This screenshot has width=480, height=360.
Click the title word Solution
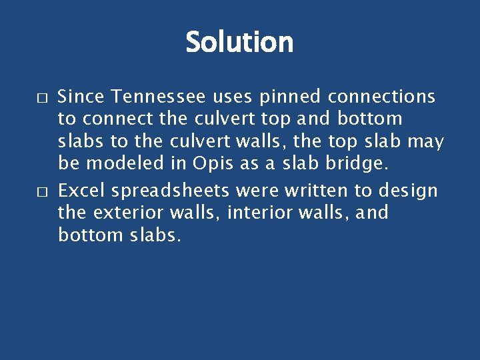(x=239, y=42)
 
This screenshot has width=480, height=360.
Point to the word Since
(x=82, y=97)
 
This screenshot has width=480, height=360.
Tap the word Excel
(x=82, y=191)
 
